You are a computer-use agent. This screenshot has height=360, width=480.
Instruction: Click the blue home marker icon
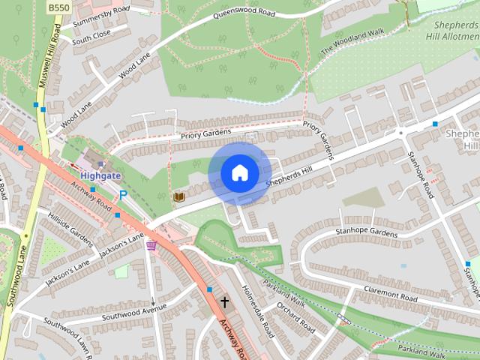pos(240,173)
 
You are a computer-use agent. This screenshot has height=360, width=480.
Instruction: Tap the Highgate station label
pos(100,175)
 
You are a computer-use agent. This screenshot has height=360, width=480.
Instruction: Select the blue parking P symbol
pos(123,195)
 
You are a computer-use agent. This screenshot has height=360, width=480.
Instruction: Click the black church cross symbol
pos(223,301)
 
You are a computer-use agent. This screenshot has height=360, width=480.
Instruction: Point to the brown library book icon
pos(179,197)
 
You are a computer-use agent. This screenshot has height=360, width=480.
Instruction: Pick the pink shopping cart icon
pos(152,245)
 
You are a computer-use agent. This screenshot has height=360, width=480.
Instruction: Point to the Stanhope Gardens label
pos(367,232)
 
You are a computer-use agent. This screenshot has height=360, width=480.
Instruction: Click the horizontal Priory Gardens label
pos(207,133)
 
